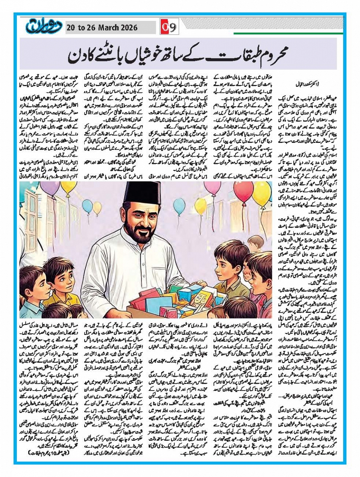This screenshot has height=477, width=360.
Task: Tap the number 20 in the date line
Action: click(x=71, y=28)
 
